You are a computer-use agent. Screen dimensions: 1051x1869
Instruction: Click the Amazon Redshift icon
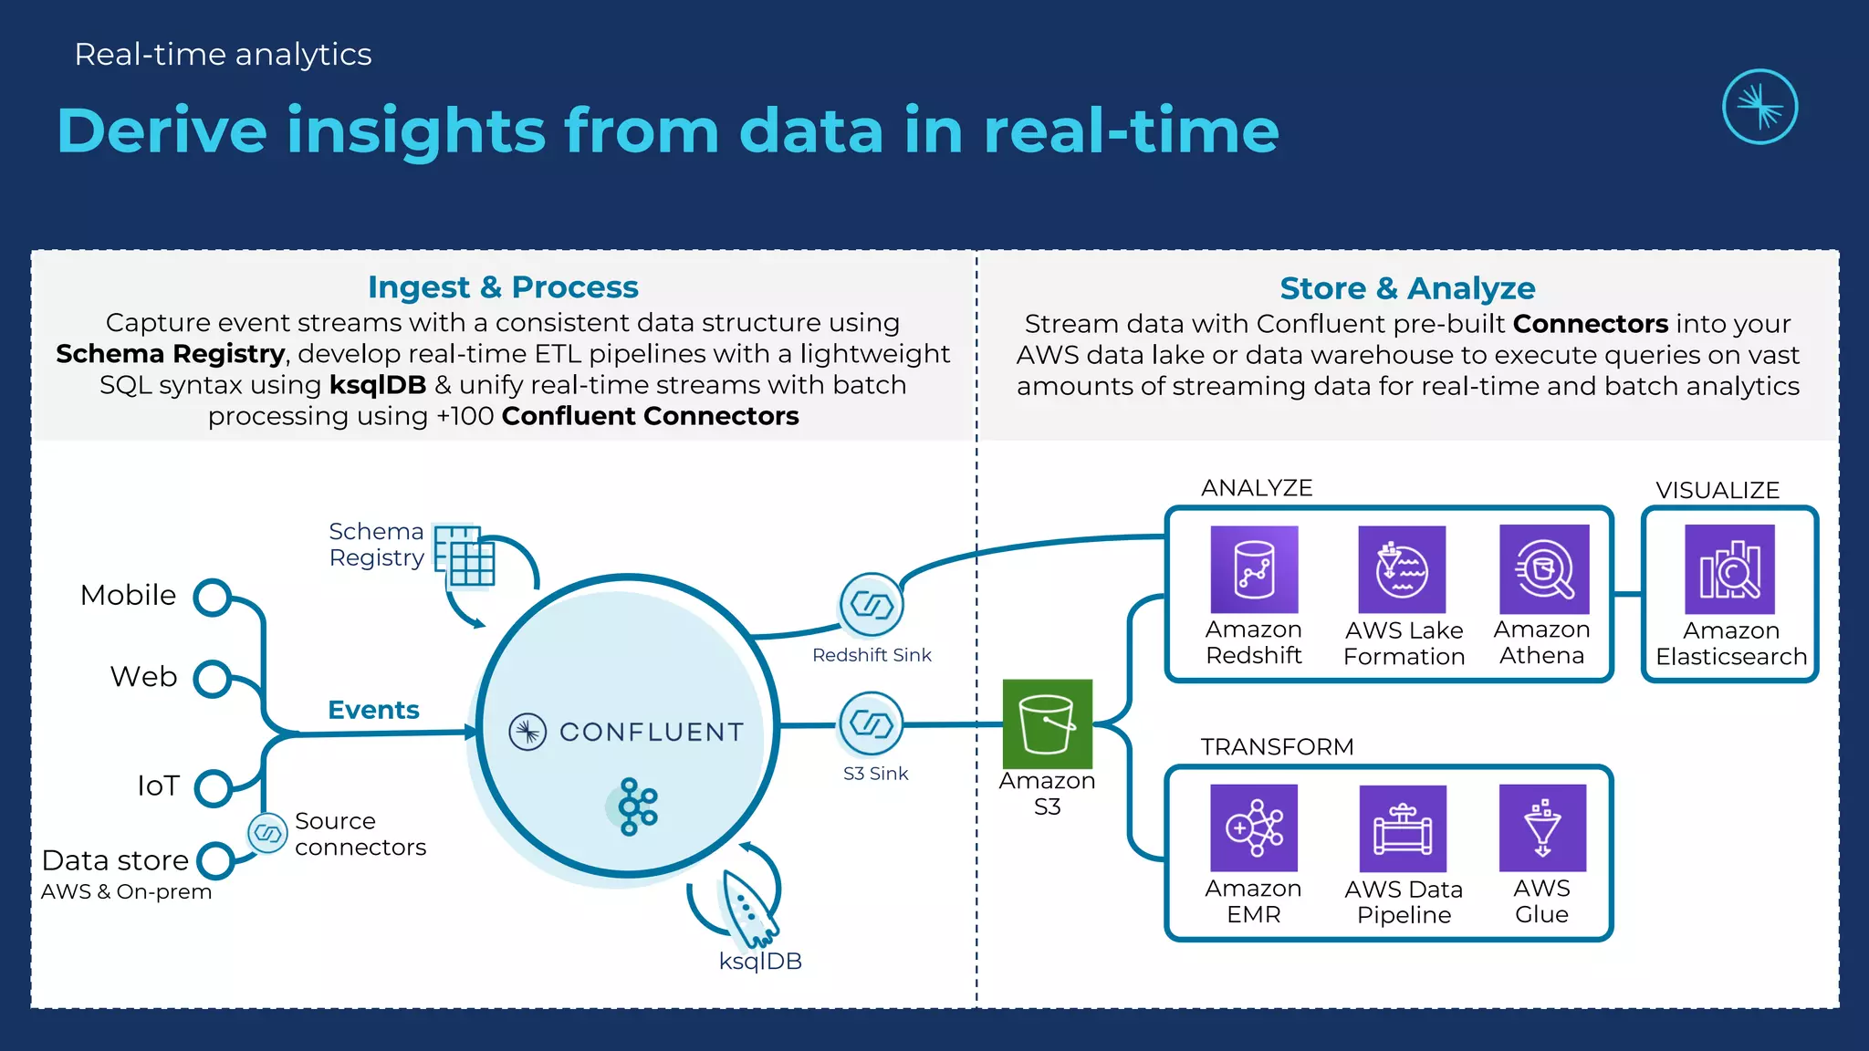coord(1254,569)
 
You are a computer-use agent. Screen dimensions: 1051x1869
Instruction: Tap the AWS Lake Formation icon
coord(1402,569)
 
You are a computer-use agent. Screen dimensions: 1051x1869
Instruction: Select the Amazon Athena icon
coord(1544,569)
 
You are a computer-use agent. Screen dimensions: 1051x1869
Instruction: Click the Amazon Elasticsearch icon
coord(1729,569)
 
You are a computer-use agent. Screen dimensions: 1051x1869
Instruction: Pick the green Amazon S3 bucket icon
coord(1047,723)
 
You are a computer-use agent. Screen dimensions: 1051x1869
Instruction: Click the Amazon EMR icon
coord(1254,827)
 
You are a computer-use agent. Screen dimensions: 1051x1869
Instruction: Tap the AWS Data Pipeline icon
coord(1403,828)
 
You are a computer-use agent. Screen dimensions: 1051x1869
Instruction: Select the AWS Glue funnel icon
coord(1542,827)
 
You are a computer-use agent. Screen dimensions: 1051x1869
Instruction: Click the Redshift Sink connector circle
coord(872,605)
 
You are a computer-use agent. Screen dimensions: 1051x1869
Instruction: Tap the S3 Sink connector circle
coord(872,724)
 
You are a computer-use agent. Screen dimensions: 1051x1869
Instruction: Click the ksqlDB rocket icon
coord(747,909)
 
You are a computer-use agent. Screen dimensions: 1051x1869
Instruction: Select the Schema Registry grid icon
coord(465,555)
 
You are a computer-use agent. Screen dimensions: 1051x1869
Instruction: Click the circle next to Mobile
coord(213,598)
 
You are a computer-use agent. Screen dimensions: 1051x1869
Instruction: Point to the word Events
coord(373,710)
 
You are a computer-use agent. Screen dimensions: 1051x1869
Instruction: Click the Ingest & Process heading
coord(503,287)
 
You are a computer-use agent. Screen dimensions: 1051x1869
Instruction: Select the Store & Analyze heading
coord(1407,288)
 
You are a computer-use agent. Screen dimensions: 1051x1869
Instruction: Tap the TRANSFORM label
coord(1277,747)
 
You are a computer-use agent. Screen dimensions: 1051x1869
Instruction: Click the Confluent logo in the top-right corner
coord(1759,107)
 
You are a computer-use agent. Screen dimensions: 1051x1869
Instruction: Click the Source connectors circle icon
coord(268,833)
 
